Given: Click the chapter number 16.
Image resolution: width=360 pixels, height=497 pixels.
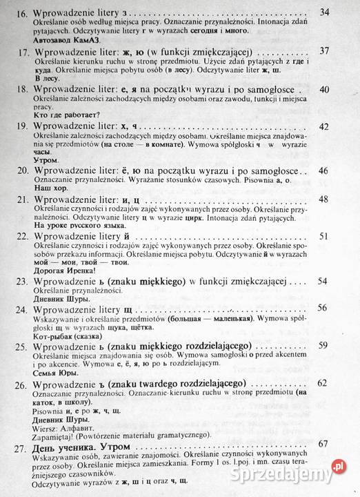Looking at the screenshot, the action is pyautogui.click(x=22, y=14).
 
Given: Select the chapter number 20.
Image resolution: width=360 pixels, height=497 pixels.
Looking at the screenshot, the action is pyautogui.click(x=22, y=170).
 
